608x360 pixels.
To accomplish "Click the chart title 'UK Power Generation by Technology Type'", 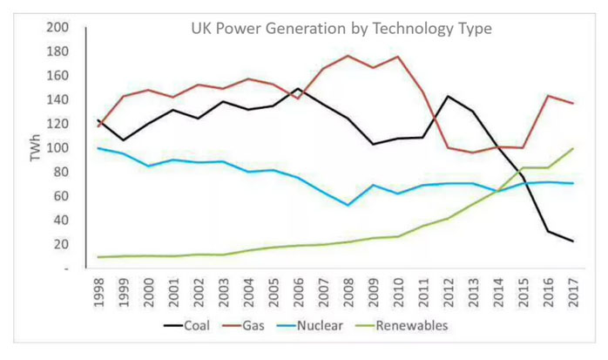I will [x=341, y=29].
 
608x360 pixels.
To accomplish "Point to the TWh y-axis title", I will [x=36, y=148].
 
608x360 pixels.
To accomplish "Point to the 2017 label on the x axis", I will [x=571, y=292].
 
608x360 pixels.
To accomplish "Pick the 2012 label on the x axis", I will [x=448, y=292].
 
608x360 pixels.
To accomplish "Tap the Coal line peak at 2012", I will [x=448, y=96].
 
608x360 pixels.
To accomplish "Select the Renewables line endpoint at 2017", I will [x=571, y=148].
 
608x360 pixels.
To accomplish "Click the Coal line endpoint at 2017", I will [x=571, y=241].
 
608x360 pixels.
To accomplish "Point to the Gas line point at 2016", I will [x=547, y=96].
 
